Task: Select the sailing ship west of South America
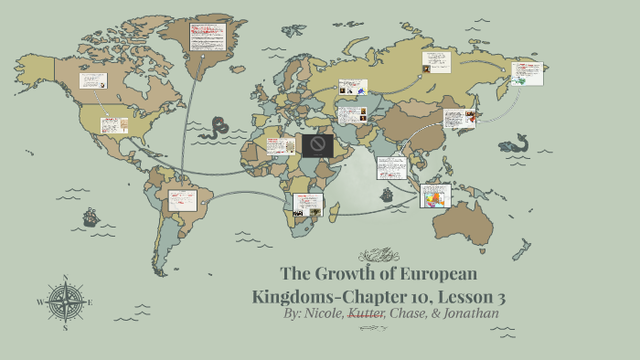coord(91,217)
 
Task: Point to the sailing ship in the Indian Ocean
coord(387,194)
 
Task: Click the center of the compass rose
coord(66,301)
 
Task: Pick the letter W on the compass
coord(39,301)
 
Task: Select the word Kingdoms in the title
coord(293,296)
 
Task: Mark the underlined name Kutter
coord(367,313)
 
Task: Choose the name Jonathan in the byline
coord(473,313)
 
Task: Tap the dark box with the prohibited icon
coord(318,145)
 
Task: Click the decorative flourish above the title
coord(379,256)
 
